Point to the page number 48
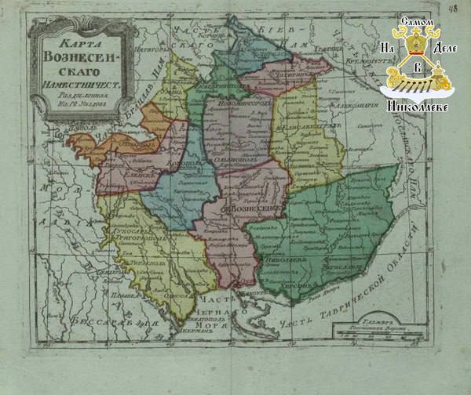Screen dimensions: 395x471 [455, 9]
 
